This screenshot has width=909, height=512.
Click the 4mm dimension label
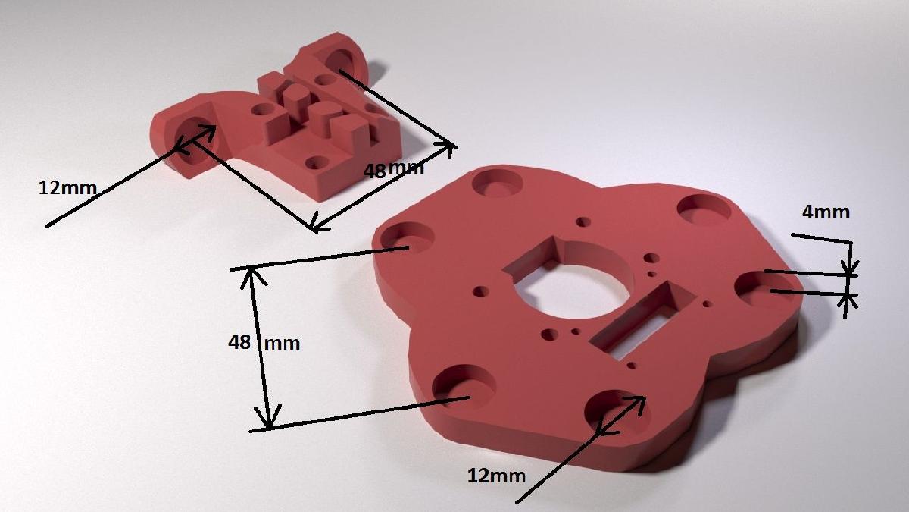tap(826, 212)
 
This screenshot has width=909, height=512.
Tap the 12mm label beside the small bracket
tap(67, 187)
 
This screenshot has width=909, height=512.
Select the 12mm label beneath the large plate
tap(496, 476)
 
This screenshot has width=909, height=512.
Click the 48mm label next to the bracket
tap(393, 169)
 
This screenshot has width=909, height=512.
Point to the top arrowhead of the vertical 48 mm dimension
tap(252, 275)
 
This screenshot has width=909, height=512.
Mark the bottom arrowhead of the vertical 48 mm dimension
tap(265, 422)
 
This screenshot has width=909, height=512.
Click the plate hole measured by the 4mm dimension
tap(761, 288)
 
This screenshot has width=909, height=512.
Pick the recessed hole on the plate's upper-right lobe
tap(702, 209)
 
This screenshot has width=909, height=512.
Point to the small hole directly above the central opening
tap(583, 221)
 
